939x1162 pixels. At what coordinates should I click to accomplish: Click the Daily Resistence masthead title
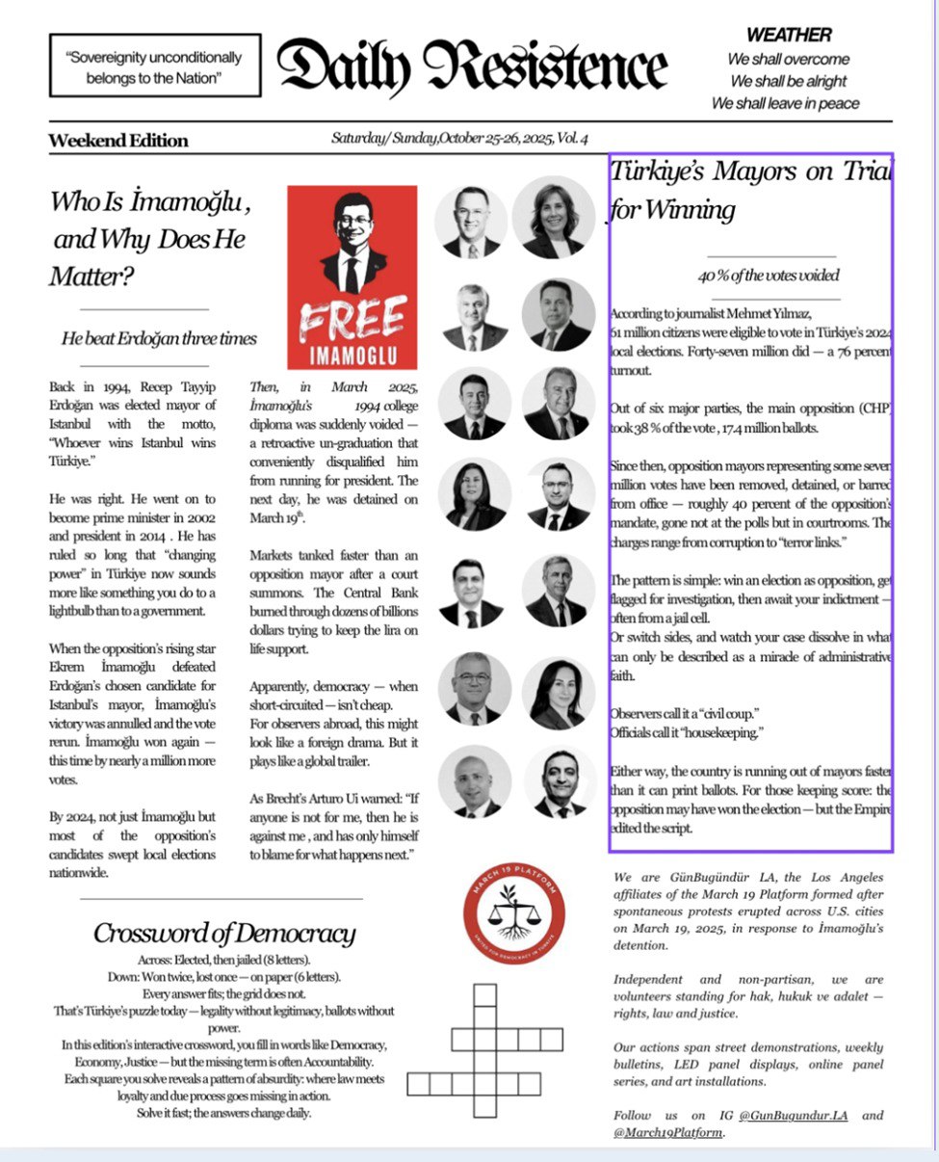pos(472,67)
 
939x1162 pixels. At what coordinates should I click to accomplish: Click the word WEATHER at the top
pos(788,35)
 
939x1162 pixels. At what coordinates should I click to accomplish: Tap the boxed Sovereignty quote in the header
pos(154,66)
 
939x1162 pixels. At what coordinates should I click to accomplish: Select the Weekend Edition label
pos(118,141)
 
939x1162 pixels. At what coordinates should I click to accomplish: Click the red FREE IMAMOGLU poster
pos(352,277)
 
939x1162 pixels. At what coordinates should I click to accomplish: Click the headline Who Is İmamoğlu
pos(150,203)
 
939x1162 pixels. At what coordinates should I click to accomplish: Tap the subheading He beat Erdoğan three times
pos(159,338)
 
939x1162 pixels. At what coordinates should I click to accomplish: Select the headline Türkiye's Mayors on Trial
pos(750,173)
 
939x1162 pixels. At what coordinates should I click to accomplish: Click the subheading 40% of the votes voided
pos(769,276)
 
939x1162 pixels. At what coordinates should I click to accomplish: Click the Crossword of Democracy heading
pos(224,933)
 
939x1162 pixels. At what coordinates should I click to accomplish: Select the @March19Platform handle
pos(667,1132)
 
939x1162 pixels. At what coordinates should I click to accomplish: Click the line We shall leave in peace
pos(785,103)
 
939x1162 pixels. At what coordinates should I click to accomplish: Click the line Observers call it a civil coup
pos(685,713)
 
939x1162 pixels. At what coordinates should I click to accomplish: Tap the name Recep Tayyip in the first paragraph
pos(161,387)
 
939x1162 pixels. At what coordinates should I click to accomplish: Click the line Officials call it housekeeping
pos(686,733)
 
